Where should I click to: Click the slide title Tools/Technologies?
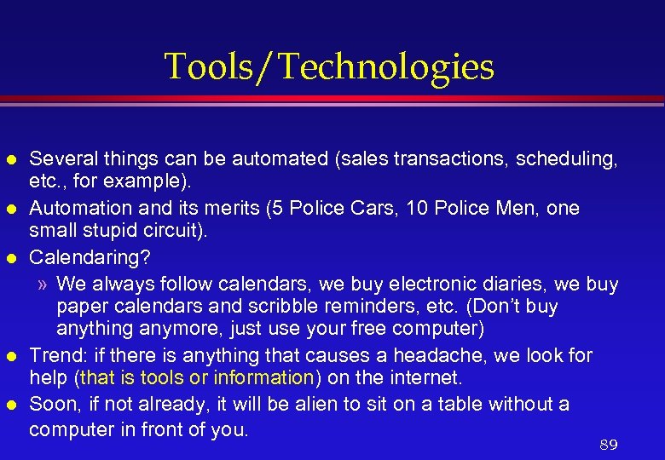pyautogui.click(x=328, y=67)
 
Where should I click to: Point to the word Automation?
pyautogui.click(x=74, y=208)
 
